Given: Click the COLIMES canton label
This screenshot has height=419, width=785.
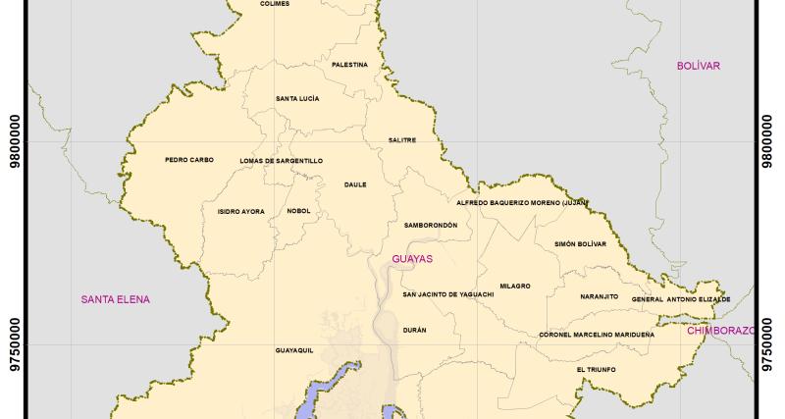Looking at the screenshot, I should click(x=275, y=4).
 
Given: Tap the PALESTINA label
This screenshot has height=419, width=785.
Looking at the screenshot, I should click(x=350, y=65).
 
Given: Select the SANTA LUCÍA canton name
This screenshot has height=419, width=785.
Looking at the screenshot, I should click(x=297, y=98).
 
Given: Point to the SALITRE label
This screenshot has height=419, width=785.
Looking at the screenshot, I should click(x=402, y=139).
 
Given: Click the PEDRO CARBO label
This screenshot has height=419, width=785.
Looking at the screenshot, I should click(x=189, y=160).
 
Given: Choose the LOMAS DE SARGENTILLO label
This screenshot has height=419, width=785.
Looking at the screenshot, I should click(x=281, y=160).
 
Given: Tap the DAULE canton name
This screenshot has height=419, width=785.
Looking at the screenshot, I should click(x=355, y=183).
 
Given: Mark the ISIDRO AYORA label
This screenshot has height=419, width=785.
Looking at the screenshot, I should click(x=240, y=211).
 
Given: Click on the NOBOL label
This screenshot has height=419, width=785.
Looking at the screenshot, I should click(x=299, y=211).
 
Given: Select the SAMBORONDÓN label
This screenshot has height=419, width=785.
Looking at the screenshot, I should click(x=431, y=225).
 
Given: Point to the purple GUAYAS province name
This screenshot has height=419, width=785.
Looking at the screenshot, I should click(x=412, y=259).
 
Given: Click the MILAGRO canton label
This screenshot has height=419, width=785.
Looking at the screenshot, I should click(x=515, y=286).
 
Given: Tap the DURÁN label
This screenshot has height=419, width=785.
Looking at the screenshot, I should click(x=415, y=330).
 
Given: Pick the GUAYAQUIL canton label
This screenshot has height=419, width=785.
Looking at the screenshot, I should click(x=294, y=349).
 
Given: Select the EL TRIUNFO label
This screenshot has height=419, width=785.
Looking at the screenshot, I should click(x=597, y=369).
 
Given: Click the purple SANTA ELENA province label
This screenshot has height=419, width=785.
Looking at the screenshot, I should click(x=116, y=299).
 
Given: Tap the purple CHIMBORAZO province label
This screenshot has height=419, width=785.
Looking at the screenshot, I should click(x=721, y=331).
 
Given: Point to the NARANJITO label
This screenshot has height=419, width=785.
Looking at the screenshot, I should click(x=599, y=295).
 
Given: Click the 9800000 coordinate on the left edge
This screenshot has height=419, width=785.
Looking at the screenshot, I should click(x=15, y=143).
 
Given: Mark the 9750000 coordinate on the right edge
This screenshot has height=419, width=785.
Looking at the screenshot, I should click(x=768, y=344).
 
